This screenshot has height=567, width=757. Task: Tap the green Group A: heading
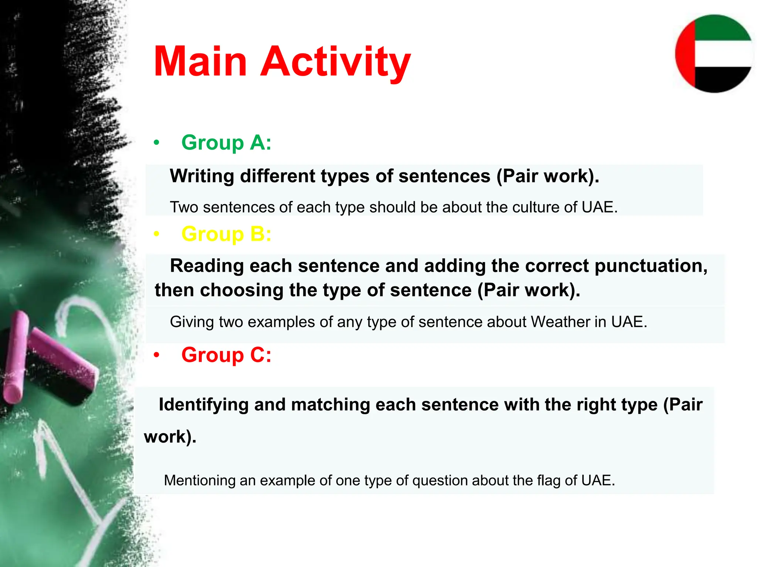[x=226, y=142]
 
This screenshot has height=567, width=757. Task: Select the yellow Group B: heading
[x=226, y=234]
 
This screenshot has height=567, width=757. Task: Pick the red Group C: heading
[x=226, y=355]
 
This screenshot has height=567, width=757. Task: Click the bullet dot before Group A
[x=157, y=143]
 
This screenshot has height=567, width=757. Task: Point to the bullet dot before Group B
[x=157, y=234]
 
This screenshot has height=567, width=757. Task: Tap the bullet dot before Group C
[x=157, y=355]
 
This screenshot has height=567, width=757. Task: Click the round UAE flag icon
[x=714, y=54]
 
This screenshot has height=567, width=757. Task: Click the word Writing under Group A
[x=202, y=176]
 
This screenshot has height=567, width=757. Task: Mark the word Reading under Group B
[x=207, y=266]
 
